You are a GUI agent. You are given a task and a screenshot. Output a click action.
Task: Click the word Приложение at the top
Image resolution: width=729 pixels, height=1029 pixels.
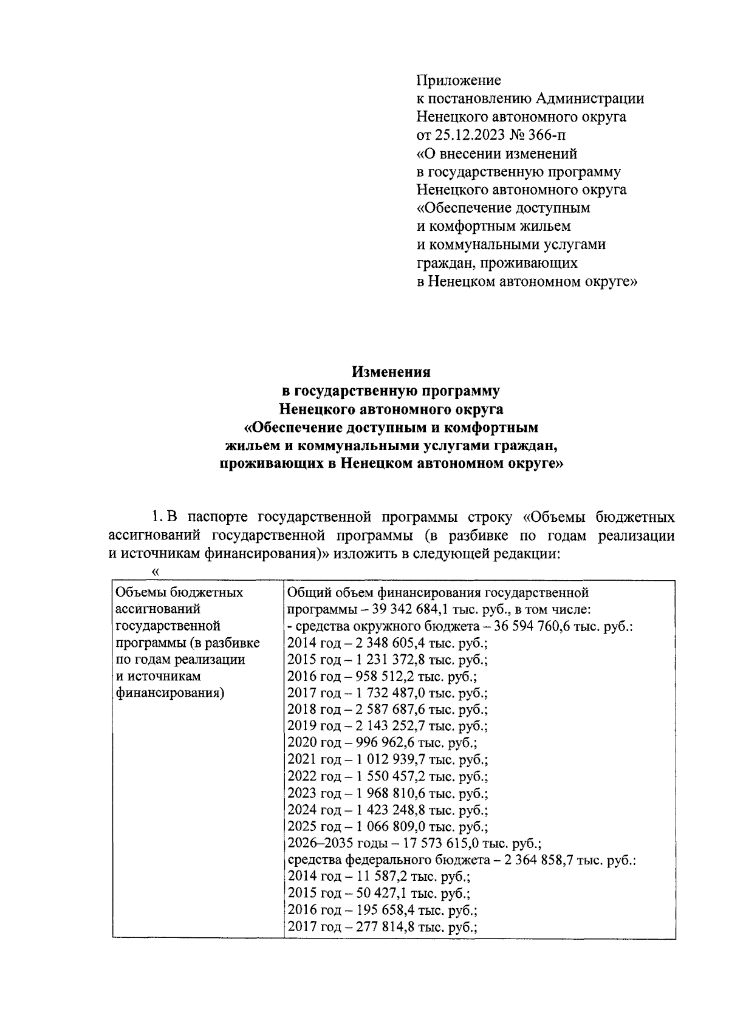[x=459, y=80]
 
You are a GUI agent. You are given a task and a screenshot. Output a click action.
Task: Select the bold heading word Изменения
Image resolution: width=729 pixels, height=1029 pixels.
[x=392, y=371]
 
